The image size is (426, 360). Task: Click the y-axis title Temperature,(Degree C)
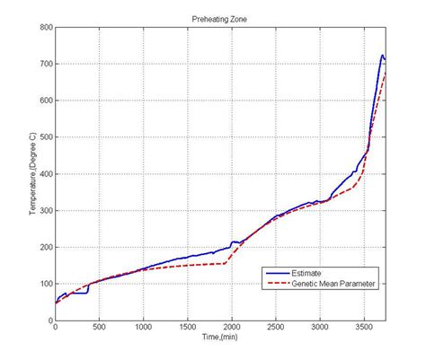coord(31,173)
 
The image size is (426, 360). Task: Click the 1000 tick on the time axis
coord(144,328)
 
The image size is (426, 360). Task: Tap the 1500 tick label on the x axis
coord(188,328)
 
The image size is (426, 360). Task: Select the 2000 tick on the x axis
coord(232,328)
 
